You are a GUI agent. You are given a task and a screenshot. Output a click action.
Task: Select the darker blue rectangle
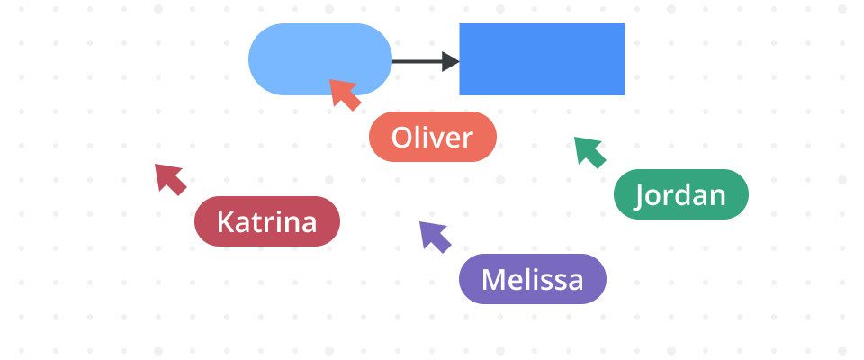coord(542,59)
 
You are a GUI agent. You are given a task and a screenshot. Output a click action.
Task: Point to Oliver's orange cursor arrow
coord(343,93)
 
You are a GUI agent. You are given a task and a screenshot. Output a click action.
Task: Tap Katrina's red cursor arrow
coord(168,177)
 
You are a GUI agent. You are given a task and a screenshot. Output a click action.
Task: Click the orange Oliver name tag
coord(433,137)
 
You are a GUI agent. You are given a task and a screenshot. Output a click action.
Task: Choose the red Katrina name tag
coord(267,221)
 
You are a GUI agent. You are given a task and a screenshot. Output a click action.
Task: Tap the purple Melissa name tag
coord(533,279)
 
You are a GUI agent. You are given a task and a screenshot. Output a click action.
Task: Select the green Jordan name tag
coord(681,194)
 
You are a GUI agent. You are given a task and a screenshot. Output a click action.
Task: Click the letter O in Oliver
coord(402,138)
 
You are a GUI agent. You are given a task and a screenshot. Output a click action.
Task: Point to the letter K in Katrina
coord(226,222)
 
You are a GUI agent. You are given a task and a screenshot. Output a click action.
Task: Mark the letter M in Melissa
coord(494,280)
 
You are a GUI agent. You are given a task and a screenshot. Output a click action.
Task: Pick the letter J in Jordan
coord(641,195)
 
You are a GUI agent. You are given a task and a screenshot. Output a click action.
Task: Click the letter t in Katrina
coord(256,222)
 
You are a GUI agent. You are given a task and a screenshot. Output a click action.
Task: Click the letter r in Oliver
coord(467,139)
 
